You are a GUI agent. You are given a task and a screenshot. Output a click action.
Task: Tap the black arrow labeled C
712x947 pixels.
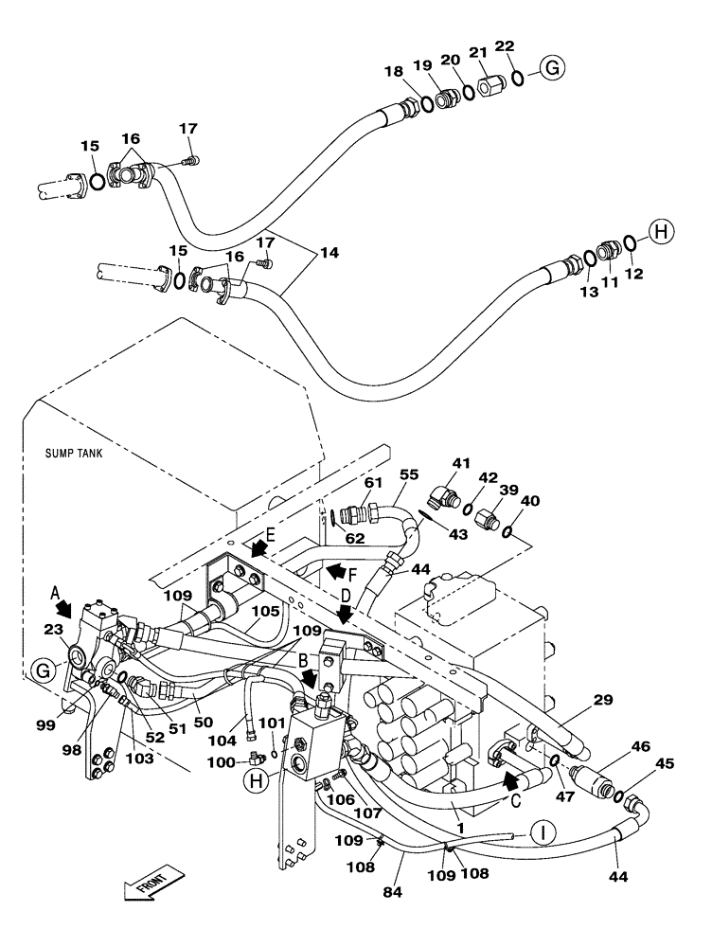point(511,781)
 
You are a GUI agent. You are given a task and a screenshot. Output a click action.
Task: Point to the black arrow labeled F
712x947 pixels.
point(335,571)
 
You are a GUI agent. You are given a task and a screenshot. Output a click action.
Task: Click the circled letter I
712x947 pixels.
point(542,832)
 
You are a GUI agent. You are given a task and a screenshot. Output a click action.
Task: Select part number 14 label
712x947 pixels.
point(328,254)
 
